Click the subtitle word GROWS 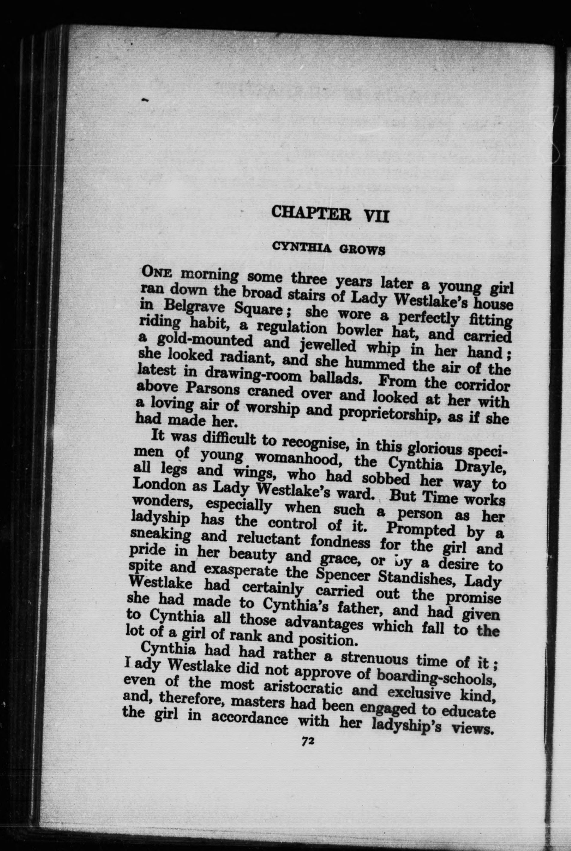362,250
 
